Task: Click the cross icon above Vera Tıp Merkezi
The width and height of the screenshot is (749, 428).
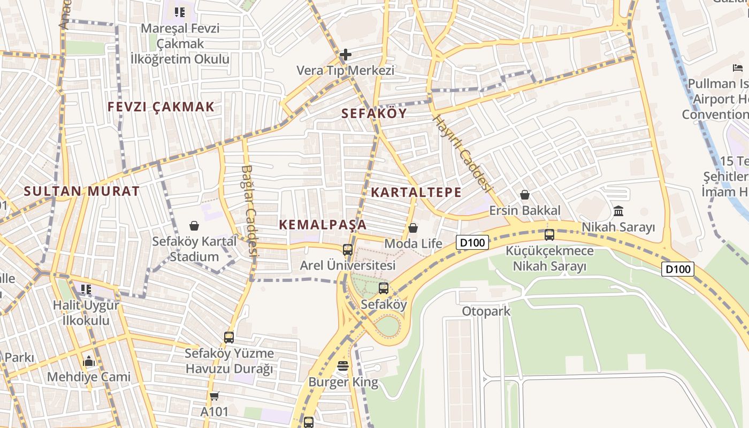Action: tap(346, 54)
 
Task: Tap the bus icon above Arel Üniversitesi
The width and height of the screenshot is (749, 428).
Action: tap(348, 249)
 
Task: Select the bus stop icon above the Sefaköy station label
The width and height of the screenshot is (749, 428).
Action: tap(384, 288)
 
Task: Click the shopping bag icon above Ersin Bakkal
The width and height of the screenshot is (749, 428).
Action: tap(525, 195)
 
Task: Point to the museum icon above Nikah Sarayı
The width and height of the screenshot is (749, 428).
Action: tap(618, 211)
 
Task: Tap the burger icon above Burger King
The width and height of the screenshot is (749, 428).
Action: tap(343, 366)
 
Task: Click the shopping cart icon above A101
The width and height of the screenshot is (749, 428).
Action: tap(215, 396)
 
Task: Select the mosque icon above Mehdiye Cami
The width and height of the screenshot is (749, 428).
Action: tap(89, 361)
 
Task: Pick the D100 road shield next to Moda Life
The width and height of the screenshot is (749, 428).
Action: tap(472, 243)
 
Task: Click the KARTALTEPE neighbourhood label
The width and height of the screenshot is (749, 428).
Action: tap(416, 193)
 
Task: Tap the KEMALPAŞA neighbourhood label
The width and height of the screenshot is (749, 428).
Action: tap(323, 225)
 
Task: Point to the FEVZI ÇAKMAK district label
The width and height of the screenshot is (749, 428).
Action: tap(161, 107)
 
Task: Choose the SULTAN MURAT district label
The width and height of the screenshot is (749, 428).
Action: tap(82, 191)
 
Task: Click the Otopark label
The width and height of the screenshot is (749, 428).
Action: tap(486, 311)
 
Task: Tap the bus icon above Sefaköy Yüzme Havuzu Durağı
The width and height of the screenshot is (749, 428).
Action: tap(229, 338)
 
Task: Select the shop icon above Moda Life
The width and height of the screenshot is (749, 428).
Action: tap(413, 228)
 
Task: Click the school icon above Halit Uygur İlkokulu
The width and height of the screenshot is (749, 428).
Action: tap(86, 289)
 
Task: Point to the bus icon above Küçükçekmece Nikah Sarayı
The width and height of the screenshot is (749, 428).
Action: tap(549, 235)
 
